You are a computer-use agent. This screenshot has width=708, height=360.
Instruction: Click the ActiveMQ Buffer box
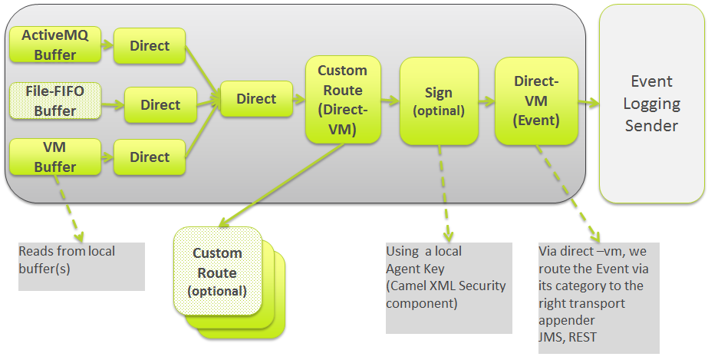point(54,45)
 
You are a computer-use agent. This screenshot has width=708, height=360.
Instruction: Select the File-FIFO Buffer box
point(54,101)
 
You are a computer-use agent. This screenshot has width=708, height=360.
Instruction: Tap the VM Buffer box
point(54,157)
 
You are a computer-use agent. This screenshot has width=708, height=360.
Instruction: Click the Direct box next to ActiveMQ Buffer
point(150,46)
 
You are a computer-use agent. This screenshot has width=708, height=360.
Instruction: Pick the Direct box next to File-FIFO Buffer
point(160,105)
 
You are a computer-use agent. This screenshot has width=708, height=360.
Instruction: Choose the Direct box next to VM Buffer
point(150,157)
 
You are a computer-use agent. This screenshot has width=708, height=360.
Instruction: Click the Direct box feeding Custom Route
point(256,99)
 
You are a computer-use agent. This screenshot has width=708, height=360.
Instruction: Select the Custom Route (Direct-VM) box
point(342,100)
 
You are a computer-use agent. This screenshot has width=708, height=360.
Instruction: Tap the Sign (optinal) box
point(438,101)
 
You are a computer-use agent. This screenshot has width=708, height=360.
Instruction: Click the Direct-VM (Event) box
point(535,101)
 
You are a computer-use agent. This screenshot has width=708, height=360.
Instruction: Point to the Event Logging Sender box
point(651,104)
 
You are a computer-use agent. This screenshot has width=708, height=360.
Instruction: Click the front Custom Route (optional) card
point(217,272)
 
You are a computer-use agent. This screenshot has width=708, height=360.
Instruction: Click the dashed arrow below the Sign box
point(444,192)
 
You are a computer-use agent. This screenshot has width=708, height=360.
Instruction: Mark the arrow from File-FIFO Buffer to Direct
point(111,103)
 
